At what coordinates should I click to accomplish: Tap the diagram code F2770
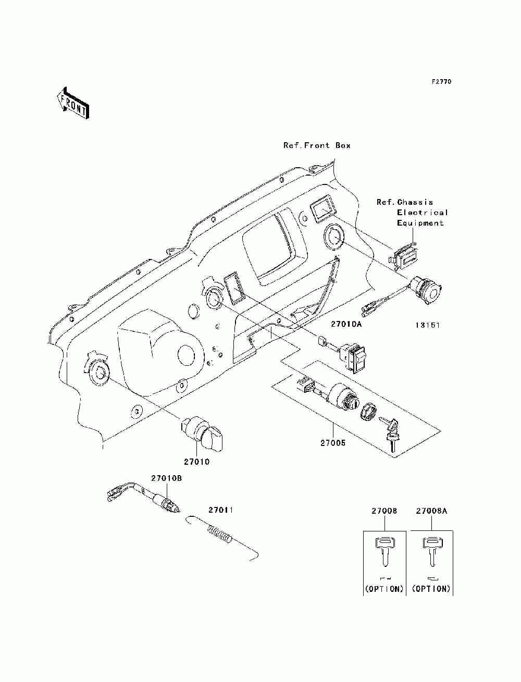[441, 82]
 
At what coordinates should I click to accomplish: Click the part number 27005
[333, 443]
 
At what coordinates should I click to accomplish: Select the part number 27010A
[346, 324]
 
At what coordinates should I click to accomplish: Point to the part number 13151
[428, 325]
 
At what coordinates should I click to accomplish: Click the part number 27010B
[167, 478]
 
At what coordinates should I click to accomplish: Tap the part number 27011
[220, 510]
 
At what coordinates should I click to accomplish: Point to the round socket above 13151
[426, 290]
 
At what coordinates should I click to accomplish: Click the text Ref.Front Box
[317, 145]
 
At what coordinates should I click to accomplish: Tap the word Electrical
[422, 213]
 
